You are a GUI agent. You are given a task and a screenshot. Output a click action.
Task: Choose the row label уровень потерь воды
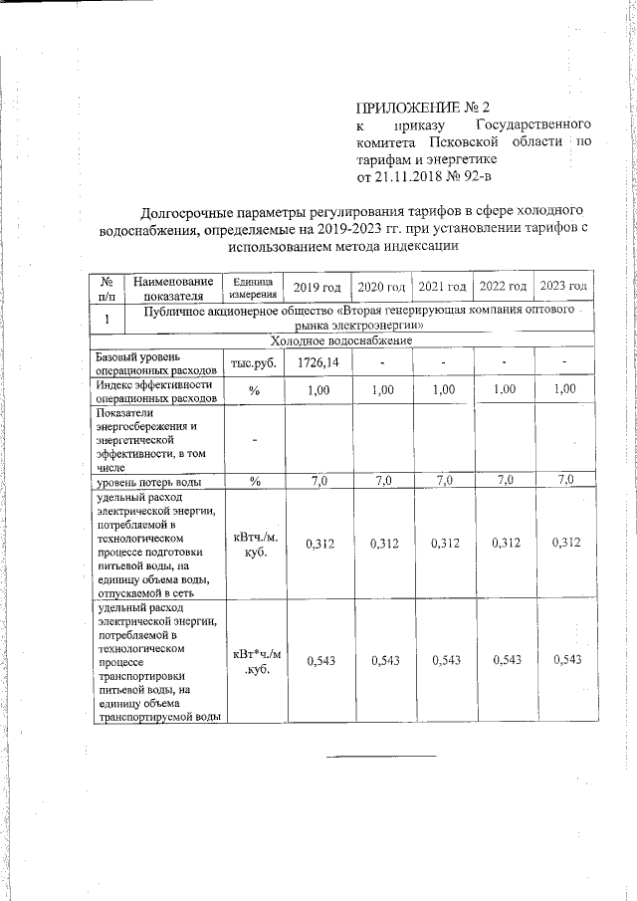coord(148,483)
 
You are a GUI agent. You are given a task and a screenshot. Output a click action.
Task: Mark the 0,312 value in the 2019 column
coord(318,544)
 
